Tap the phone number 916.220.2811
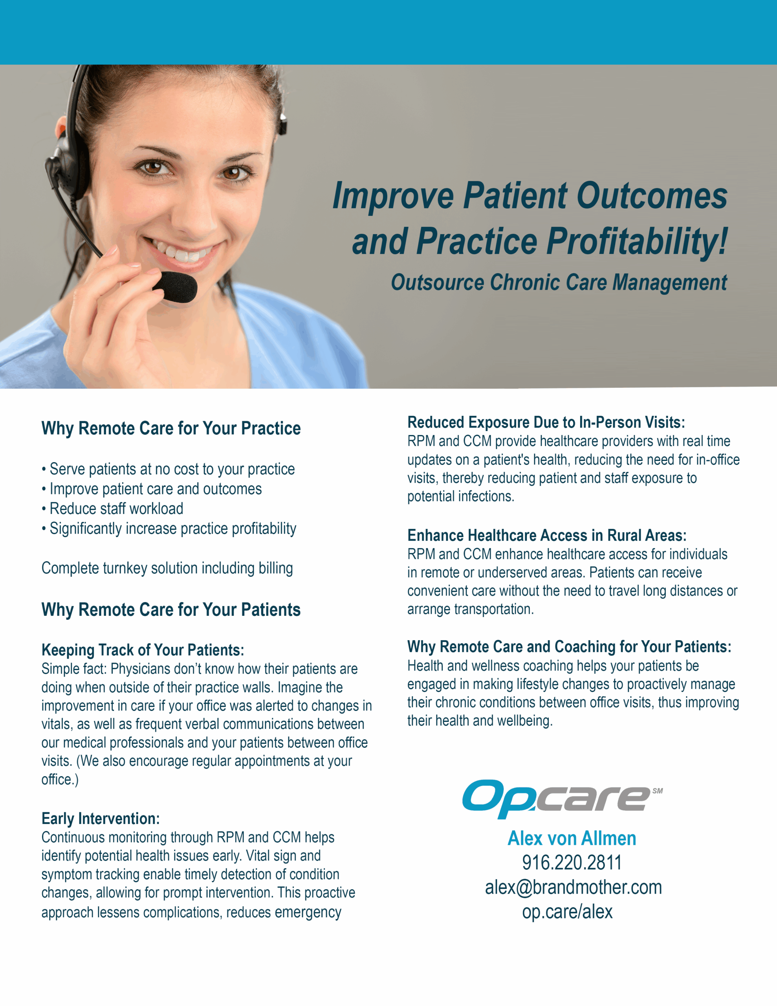(x=572, y=863)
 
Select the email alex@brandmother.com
(x=573, y=887)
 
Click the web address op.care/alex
(x=567, y=912)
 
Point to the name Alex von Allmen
(x=572, y=838)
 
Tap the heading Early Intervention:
(x=101, y=819)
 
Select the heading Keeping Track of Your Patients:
(x=143, y=650)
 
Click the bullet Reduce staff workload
(x=112, y=509)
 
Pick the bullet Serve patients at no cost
(x=168, y=469)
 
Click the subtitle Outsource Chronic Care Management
(x=559, y=283)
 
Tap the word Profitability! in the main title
(x=637, y=241)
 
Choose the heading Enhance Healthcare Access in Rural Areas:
(x=547, y=535)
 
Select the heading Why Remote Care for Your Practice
(x=171, y=428)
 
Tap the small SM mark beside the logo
(x=657, y=791)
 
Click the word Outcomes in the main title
(x=652, y=195)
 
